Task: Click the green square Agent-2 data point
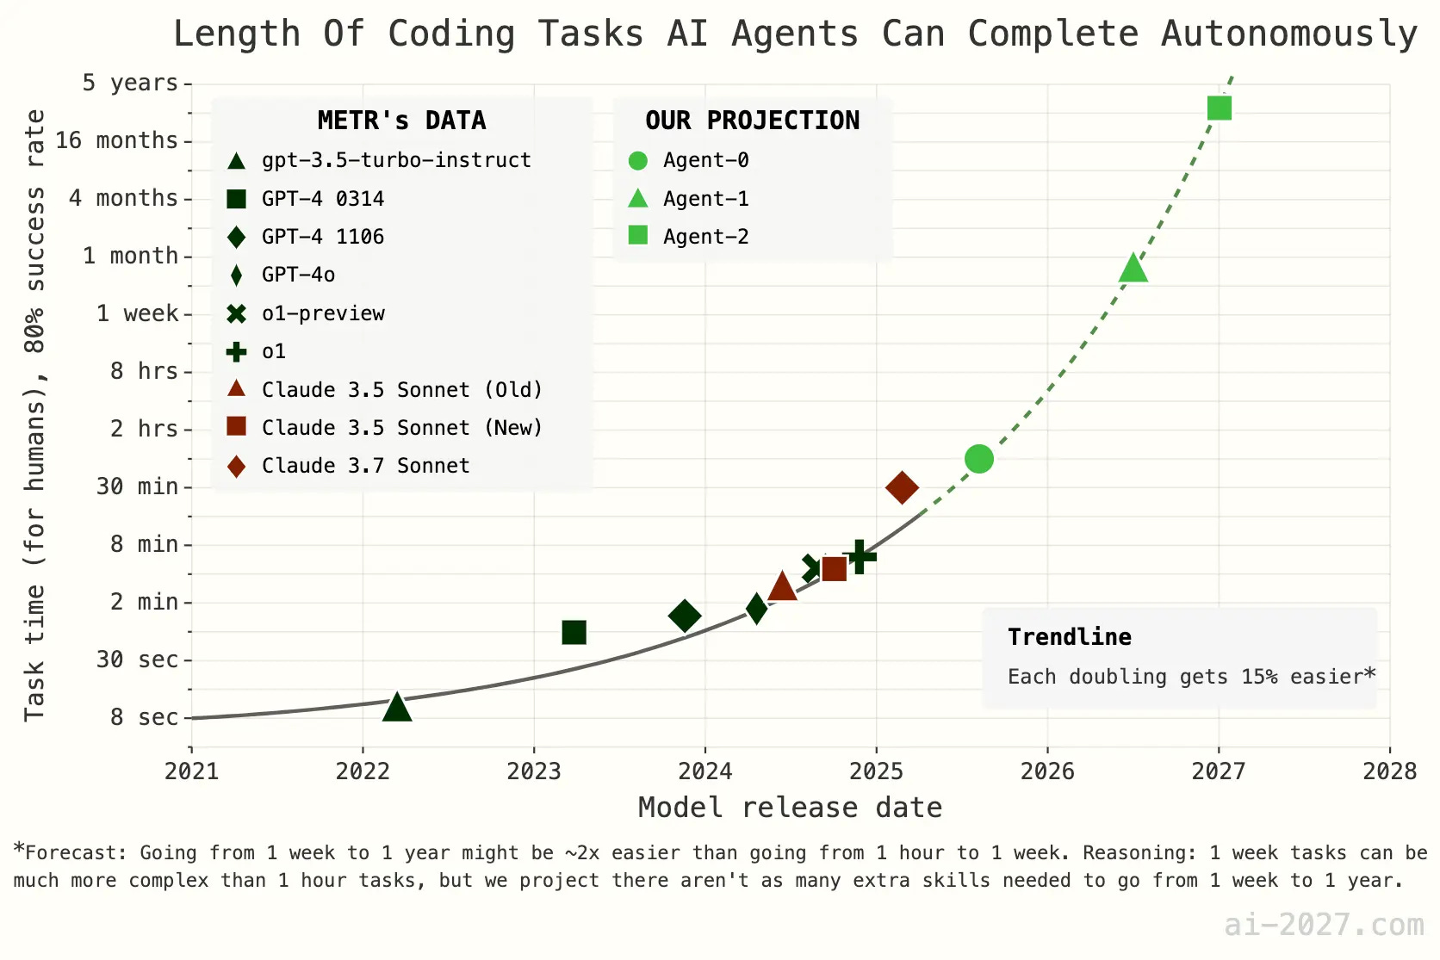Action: click(x=1219, y=108)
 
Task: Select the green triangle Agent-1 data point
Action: click(x=1133, y=269)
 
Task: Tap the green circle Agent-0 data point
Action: click(x=978, y=459)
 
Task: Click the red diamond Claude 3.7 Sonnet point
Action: click(x=902, y=487)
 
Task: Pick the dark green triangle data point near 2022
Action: click(x=396, y=708)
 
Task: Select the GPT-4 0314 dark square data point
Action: click(x=574, y=632)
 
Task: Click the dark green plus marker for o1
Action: click(x=859, y=555)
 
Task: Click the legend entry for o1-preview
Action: click(x=323, y=313)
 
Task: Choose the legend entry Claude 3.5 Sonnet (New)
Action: click(x=401, y=428)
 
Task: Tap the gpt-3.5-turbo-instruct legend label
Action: click(x=396, y=160)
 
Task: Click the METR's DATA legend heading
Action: click(x=401, y=121)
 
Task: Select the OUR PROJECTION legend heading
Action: click(x=752, y=121)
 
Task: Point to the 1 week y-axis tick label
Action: click(x=137, y=313)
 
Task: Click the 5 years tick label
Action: click(x=130, y=83)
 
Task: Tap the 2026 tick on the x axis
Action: click(x=1047, y=770)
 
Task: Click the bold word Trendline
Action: click(x=1069, y=637)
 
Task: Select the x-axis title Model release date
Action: click(x=790, y=808)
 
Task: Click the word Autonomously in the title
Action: click(x=1288, y=34)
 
